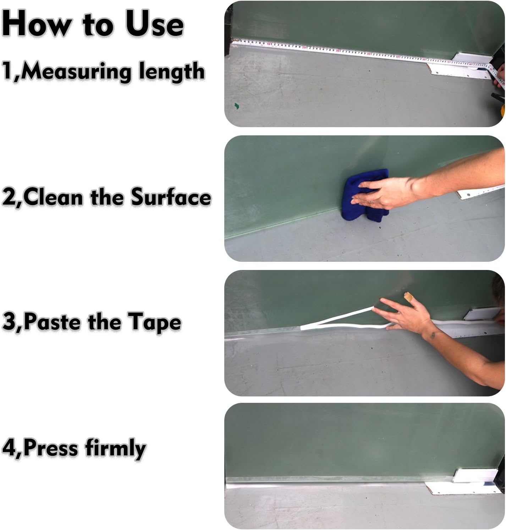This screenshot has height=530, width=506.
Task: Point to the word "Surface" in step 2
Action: coord(171,197)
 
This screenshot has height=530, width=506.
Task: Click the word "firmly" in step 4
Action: coord(115,448)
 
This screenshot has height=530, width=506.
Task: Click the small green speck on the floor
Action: coord(236,106)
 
